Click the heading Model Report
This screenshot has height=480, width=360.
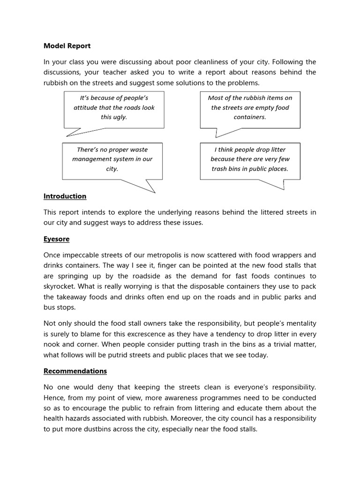coord(67,46)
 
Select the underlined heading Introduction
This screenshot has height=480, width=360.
coord(65,196)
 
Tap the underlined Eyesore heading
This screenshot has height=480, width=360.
coord(56,239)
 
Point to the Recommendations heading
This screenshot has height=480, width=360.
coord(75,371)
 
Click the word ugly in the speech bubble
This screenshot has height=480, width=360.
coord(120,117)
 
